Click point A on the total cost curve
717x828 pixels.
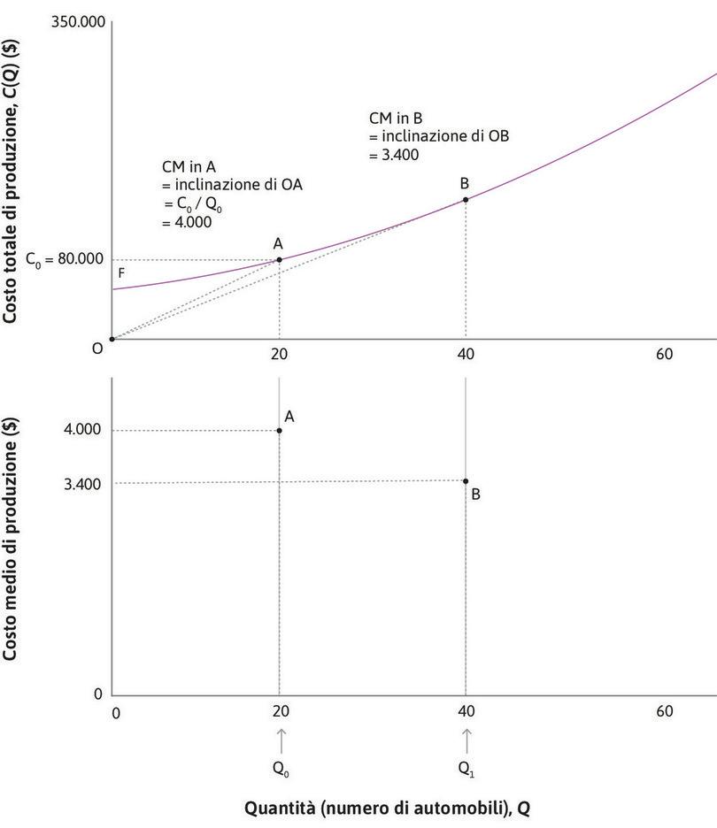[x=280, y=259]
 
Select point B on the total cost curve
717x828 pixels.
[x=466, y=199]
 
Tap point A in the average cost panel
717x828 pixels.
[x=280, y=431]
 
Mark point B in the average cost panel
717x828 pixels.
[x=466, y=481]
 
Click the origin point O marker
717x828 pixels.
[x=112, y=339]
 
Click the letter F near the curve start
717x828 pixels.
[x=122, y=274]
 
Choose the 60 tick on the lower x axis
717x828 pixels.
[x=664, y=711]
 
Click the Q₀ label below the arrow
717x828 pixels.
[x=281, y=769]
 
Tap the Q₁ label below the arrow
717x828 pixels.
[x=466, y=769]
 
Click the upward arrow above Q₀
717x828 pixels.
[x=281, y=739]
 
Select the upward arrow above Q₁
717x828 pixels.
[x=466, y=739]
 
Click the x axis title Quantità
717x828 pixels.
[x=389, y=808]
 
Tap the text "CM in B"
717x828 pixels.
[x=396, y=119]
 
